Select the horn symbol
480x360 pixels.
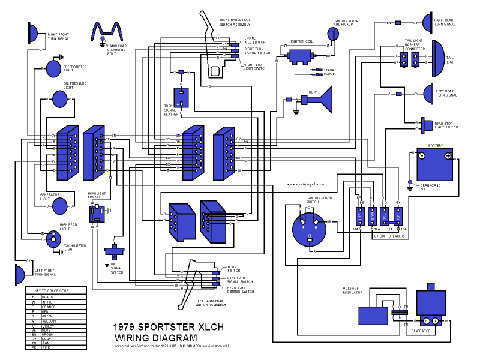(x=325, y=100)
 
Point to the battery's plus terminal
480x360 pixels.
(x=448, y=156)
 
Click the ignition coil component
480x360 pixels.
(x=298, y=58)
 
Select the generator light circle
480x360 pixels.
(x=61, y=206)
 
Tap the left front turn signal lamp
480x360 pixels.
(x=20, y=275)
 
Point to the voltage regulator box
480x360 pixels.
(x=373, y=315)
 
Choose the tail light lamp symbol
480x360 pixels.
(x=436, y=59)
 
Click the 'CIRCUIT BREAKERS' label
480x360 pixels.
(x=389, y=236)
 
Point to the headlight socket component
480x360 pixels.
(x=97, y=212)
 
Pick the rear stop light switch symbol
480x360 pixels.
(x=427, y=125)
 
